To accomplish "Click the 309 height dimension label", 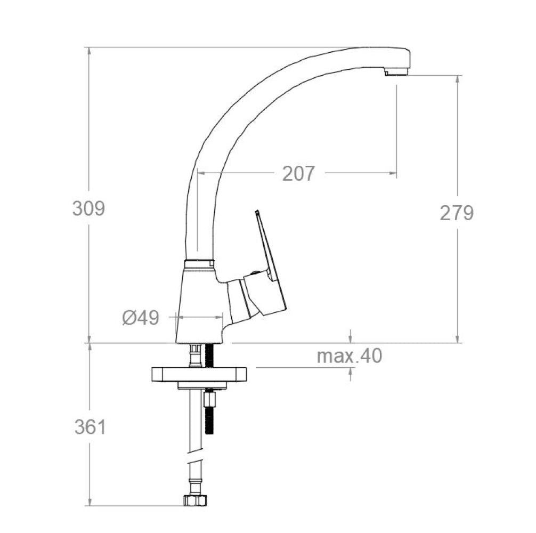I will tap(88, 208).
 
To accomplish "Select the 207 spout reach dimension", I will tap(298, 173).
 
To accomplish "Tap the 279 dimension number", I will tap(457, 213).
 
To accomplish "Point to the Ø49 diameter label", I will tap(141, 318).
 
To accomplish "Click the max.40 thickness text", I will tap(350, 356).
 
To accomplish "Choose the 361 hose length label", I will tap(90, 427).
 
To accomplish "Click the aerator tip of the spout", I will tap(396, 71).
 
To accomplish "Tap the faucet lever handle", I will tap(269, 261).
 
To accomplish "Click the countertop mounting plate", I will tap(199, 375).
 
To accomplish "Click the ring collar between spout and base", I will tap(199, 264).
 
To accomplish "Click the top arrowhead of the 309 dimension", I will tap(89, 51).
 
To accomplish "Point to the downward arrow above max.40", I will tap(350, 338).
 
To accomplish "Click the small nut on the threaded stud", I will tap(208, 398).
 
